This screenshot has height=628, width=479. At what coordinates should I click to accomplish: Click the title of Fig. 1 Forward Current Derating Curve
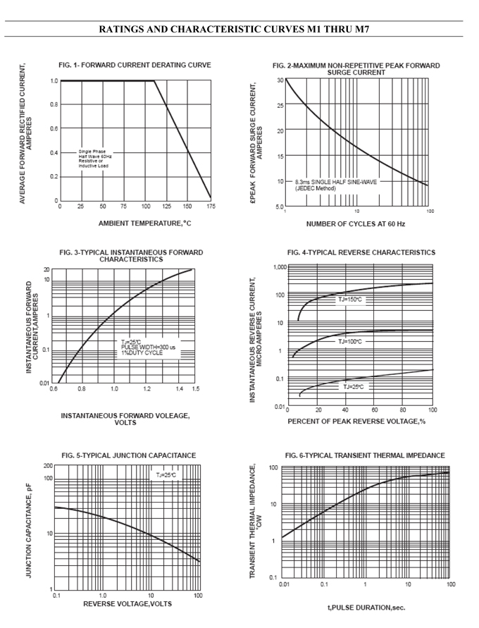click(x=135, y=65)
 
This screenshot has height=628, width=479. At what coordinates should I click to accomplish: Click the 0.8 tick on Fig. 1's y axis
click(x=54, y=105)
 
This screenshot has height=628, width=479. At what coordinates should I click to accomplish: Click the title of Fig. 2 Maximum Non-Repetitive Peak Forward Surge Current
click(x=356, y=68)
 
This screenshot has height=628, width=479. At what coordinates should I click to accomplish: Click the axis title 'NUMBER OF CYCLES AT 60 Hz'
click(x=356, y=224)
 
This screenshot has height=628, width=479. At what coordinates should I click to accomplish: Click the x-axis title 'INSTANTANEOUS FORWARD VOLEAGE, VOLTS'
click(x=125, y=419)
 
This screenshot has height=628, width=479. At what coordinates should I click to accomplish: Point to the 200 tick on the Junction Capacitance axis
click(x=48, y=466)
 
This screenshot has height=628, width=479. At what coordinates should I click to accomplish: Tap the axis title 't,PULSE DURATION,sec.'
click(x=366, y=607)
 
